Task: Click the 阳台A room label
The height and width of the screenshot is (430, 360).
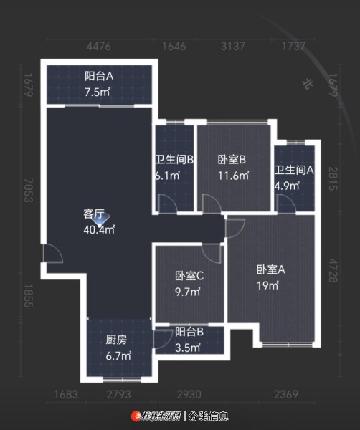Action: (99, 76)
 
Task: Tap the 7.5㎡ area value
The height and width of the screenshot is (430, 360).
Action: (97, 92)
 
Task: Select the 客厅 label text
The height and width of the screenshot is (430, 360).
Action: (93, 214)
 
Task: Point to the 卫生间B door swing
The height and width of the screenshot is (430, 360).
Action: (168, 203)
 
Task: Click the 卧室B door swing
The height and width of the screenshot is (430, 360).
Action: (212, 204)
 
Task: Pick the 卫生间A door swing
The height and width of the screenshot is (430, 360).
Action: (286, 204)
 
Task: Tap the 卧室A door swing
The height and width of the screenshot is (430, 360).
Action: (235, 228)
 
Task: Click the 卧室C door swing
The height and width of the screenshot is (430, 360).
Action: (212, 254)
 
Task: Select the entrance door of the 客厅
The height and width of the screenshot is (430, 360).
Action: (53, 254)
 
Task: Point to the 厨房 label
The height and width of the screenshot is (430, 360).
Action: (116, 340)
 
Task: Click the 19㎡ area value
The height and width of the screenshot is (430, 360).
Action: (267, 286)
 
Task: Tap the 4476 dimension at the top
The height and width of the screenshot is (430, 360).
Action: (99, 47)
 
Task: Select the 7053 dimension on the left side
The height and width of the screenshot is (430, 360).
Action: (28, 191)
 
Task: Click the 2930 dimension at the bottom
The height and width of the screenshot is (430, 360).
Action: (189, 395)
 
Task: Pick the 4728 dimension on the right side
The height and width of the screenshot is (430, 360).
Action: (333, 271)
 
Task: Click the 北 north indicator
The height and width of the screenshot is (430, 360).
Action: (308, 84)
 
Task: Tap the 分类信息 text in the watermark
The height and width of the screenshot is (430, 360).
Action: (209, 416)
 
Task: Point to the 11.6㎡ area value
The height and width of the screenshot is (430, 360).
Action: (234, 176)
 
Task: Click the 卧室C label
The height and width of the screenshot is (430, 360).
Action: (189, 276)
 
